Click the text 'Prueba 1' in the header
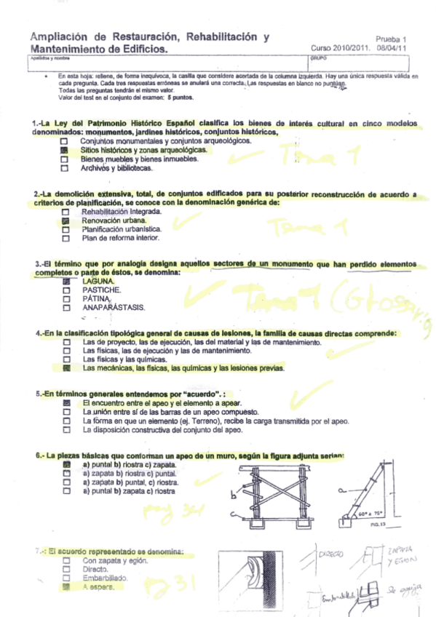point(392,39)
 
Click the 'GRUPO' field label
point(317,57)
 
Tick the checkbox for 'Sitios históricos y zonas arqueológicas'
point(64,150)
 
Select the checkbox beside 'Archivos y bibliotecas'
point(64,168)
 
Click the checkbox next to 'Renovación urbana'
point(66,220)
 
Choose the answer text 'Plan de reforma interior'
point(121,237)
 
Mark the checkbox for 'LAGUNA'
point(66,281)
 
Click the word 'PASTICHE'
point(101,290)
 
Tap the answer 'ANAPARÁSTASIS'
point(114,307)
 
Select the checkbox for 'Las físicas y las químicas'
point(66,360)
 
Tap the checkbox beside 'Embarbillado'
point(66,578)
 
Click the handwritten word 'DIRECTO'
point(332,554)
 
